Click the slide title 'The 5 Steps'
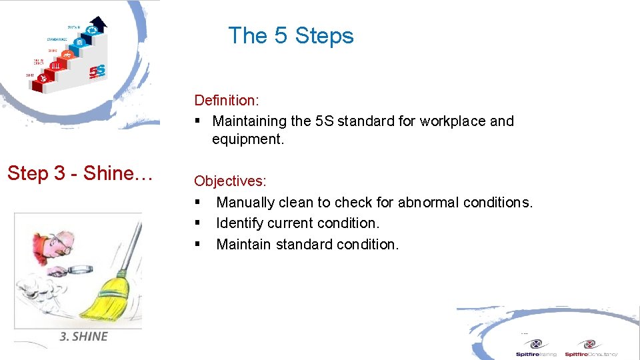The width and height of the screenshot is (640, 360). point(291,35)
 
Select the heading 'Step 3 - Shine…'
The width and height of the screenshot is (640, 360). point(81,173)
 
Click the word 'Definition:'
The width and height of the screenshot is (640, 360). point(226,100)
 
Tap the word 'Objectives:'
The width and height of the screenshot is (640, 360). point(230,181)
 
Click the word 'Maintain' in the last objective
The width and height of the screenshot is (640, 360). point(244,245)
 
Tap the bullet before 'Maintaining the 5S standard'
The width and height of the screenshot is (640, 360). point(198,121)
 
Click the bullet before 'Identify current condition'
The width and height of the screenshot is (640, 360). point(198,223)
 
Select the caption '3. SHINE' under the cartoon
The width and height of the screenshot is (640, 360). point(83,337)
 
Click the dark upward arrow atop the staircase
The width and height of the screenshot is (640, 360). point(98,25)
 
